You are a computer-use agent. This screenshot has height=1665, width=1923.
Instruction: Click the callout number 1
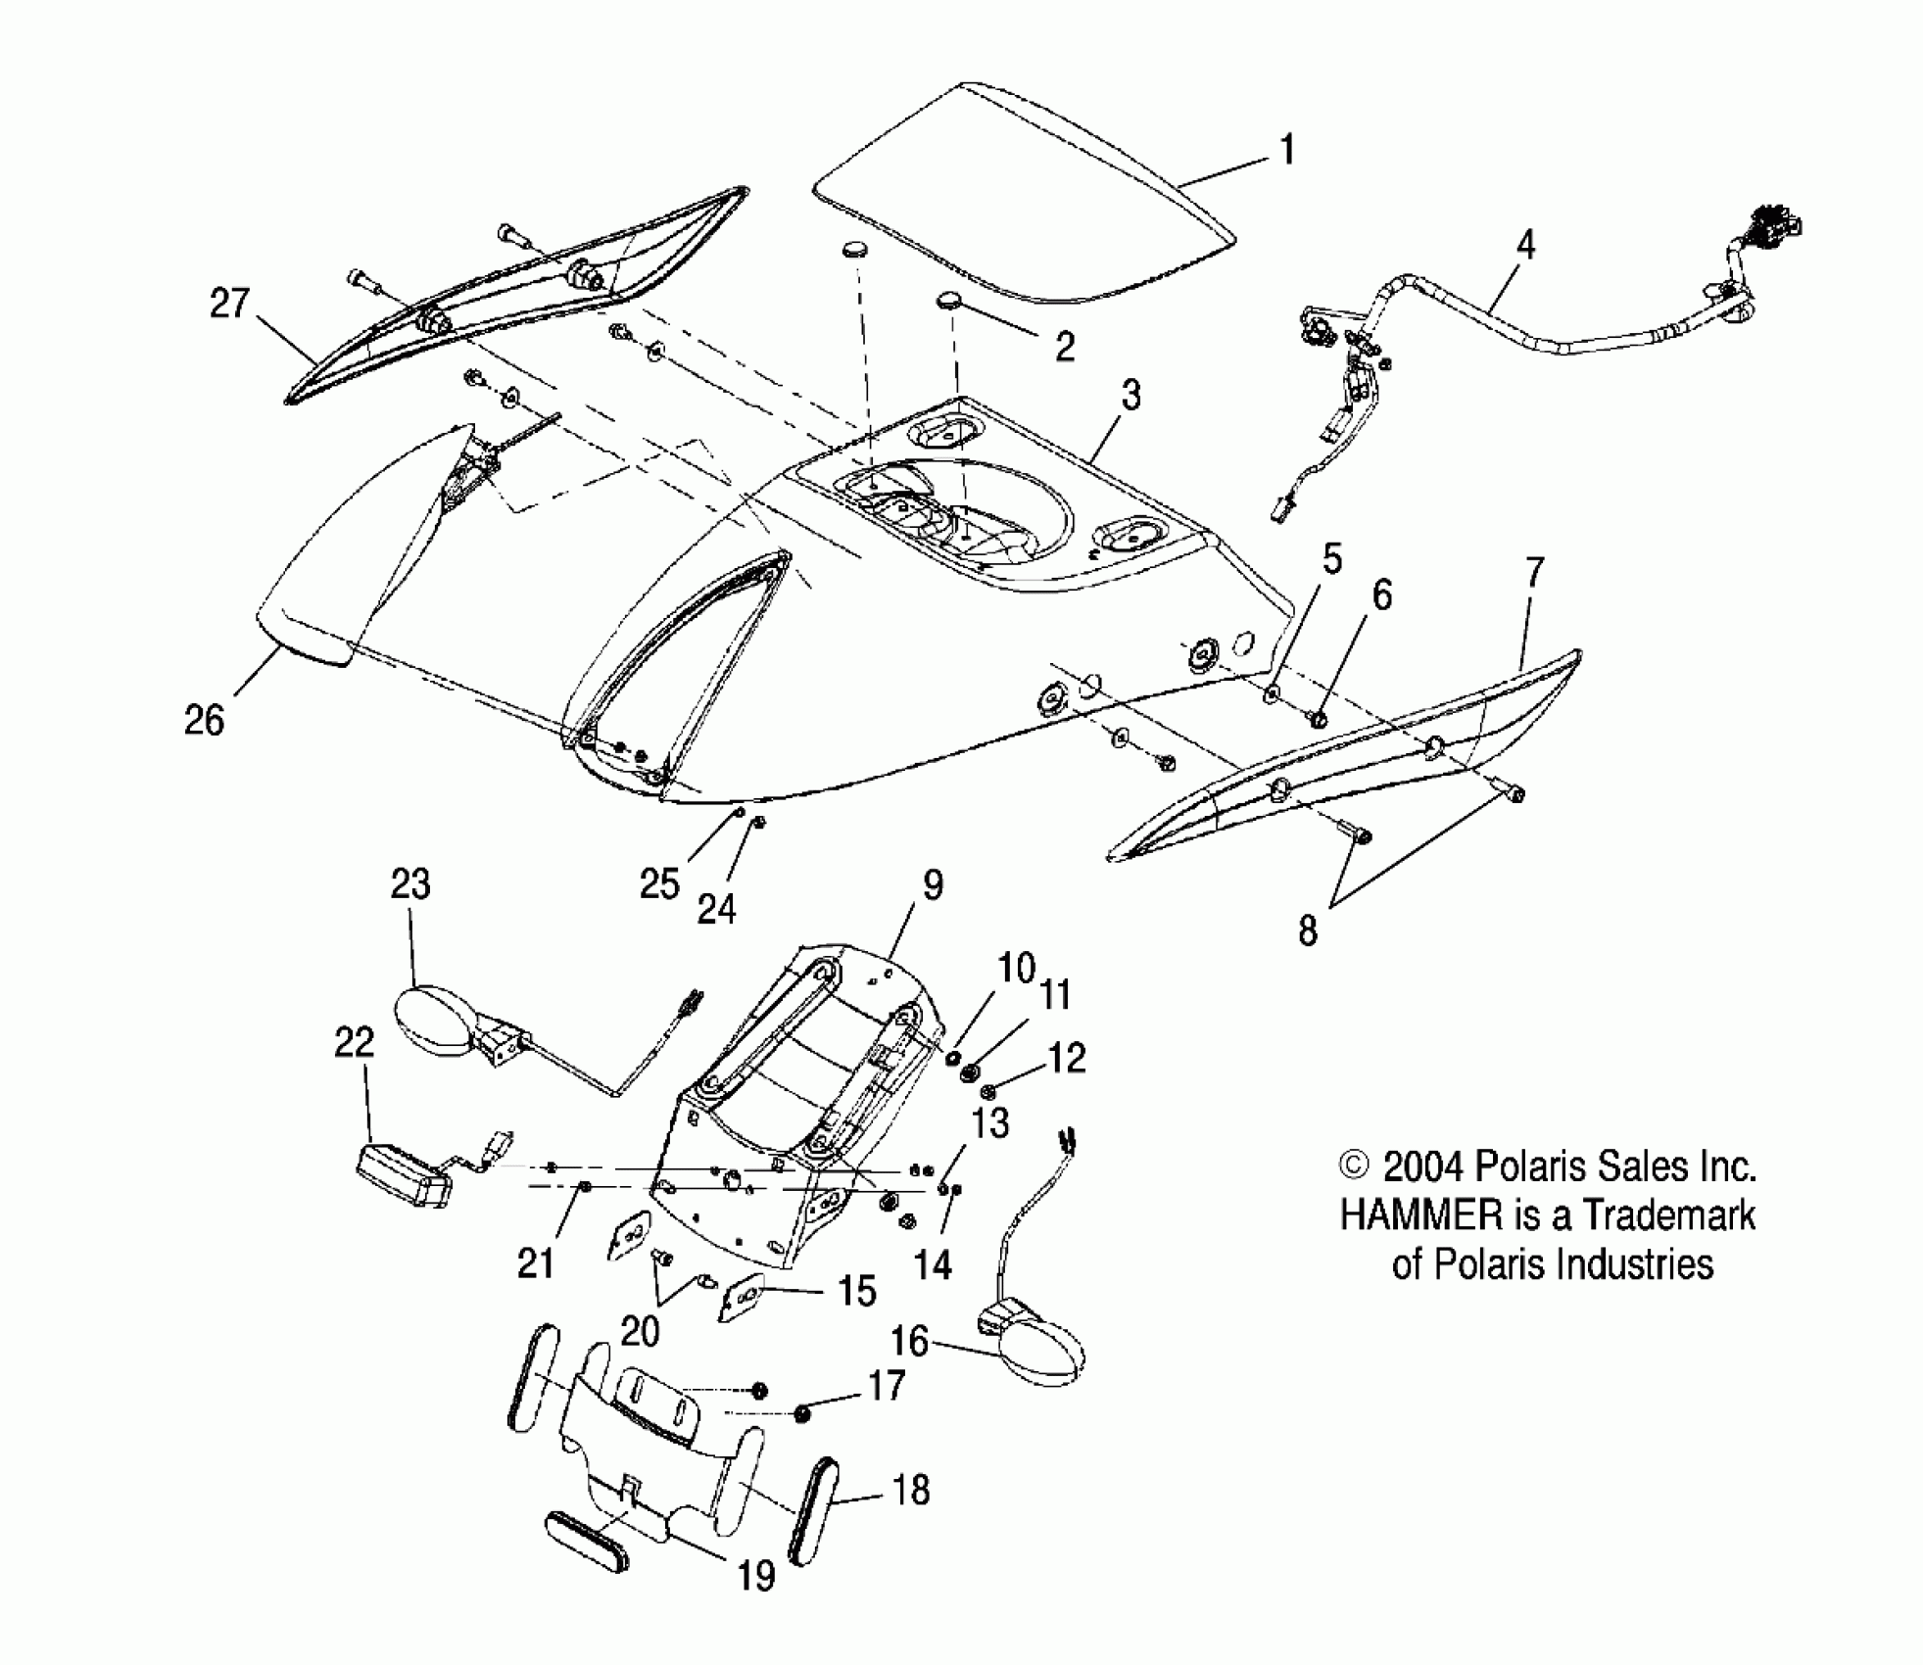[x=1287, y=152]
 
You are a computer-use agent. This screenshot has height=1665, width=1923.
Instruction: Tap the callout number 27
[x=230, y=304]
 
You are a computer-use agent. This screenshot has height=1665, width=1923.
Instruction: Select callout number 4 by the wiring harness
[x=1525, y=245]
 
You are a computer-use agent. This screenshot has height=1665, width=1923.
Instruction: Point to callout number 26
[x=205, y=720]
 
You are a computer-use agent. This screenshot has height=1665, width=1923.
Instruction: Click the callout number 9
[x=933, y=885]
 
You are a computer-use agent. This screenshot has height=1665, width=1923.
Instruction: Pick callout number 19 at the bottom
[x=756, y=1576]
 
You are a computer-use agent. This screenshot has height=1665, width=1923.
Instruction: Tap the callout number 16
[x=909, y=1341]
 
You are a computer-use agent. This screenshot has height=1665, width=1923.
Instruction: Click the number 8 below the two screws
[x=1308, y=930]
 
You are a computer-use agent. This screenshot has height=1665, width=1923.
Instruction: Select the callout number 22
[x=355, y=1042]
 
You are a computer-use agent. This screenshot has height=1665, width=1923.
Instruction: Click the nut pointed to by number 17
[x=802, y=1413]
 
